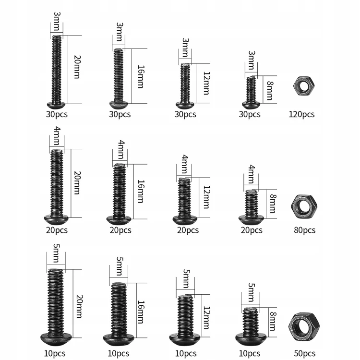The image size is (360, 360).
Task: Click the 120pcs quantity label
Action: [301, 114]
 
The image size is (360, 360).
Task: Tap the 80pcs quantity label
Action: [305, 230]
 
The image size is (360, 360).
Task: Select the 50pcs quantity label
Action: [305, 353]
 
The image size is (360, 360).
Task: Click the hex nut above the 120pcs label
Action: [304, 86]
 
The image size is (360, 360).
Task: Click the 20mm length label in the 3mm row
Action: [77, 67]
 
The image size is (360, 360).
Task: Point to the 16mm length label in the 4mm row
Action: [141, 192]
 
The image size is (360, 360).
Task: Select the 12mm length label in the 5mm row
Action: [206, 318]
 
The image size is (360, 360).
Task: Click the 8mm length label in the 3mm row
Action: [270, 90]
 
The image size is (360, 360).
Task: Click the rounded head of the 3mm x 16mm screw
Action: [119, 105]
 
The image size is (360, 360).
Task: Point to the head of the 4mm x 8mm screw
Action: [251, 220]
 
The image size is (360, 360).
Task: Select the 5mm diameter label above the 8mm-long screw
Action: [252, 292]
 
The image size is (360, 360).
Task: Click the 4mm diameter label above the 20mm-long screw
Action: [57, 136]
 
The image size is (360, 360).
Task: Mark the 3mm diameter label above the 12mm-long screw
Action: [185, 48]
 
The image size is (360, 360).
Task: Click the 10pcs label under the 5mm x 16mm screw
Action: [119, 353]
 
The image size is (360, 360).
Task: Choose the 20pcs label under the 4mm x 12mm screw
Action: [188, 230]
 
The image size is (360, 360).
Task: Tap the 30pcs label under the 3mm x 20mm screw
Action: [57, 114]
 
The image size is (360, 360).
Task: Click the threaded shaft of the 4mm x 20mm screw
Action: [57, 183]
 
